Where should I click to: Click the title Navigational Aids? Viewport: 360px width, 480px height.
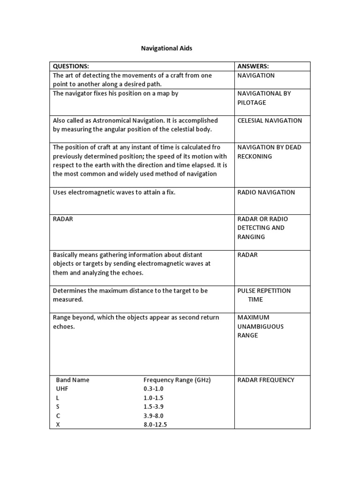click(x=166, y=48)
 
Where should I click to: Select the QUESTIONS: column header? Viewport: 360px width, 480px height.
click(x=71, y=66)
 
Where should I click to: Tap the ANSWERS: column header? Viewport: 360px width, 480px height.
click(x=253, y=66)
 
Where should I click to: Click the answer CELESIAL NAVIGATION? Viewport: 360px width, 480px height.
click(x=270, y=120)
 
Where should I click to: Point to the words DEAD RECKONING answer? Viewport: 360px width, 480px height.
click(x=270, y=152)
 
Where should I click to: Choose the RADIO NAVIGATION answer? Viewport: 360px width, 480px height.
click(x=266, y=192)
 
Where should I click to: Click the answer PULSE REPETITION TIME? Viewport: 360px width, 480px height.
click(x=264, y=295)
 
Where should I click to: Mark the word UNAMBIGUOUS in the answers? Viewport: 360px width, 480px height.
click(x=261, y=326)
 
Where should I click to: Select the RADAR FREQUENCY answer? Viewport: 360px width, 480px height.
click(x=266, y=380)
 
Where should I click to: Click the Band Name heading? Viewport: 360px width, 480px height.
click(x=73, y=380)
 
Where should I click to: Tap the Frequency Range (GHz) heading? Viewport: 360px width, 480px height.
click(x=177, y=380)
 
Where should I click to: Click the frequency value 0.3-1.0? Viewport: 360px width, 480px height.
click(x=154, y=389)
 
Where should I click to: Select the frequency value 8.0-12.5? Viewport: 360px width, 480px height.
click(x=155, y=425)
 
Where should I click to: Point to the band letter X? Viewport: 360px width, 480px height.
click(x=58, y=425)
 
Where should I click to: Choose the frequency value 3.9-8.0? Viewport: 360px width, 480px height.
click(x=154, y=416)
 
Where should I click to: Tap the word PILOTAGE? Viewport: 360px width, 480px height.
click(x=252, y=102)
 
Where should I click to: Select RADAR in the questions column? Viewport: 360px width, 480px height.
click(x=63, y=219)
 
